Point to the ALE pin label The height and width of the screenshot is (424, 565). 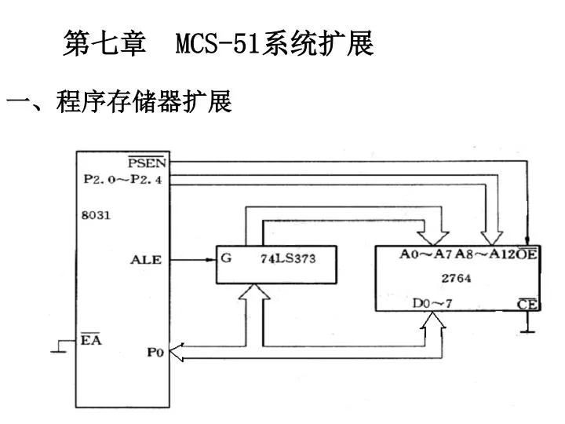[145, 260]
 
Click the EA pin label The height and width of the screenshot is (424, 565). [91, 339]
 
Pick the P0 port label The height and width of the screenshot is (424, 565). [154, 353]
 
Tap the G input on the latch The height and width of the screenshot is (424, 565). [226, 258]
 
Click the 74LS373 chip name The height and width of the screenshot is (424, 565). [287, 260]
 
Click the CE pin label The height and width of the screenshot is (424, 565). [527, 304]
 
